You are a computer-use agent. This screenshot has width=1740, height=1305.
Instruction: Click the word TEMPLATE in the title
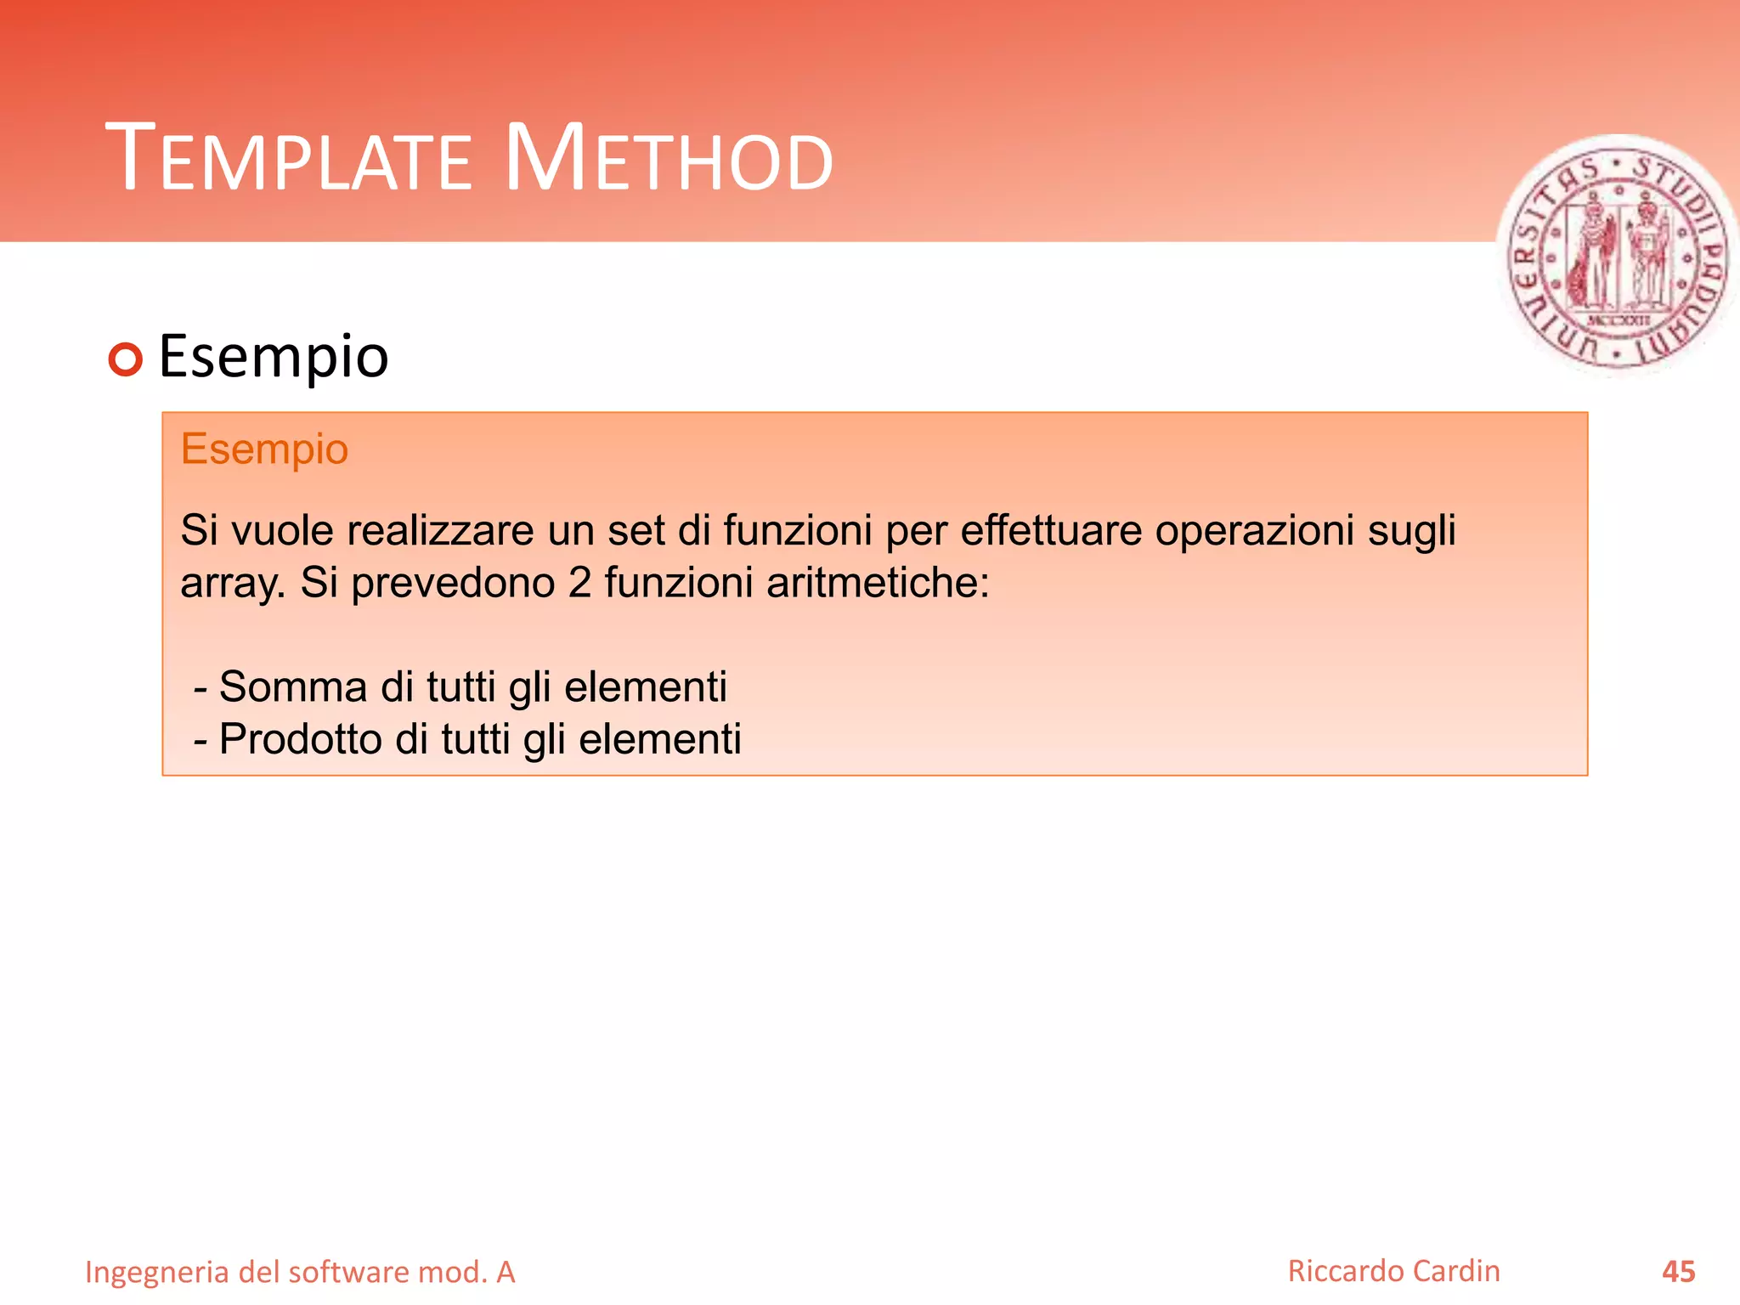point(289,160)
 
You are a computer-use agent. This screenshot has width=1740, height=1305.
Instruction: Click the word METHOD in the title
point(669,160)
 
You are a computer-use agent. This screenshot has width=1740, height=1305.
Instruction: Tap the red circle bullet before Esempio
point(126,359)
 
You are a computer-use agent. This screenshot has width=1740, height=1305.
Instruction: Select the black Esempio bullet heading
point(274,357)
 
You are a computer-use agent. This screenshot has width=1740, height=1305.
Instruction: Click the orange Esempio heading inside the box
point(264,449)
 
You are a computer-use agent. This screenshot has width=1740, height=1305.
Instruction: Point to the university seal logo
point(1617,255)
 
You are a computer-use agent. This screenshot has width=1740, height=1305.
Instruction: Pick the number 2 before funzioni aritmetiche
point(579,583)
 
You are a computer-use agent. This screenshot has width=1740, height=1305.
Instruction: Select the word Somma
point(293,686)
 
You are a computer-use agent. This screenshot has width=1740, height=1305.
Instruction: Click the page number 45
point(1678,1272)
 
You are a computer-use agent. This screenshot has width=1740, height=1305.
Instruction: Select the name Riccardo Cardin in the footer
point(1393,1271)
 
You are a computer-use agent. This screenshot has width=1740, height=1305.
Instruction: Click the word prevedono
point(452,585)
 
